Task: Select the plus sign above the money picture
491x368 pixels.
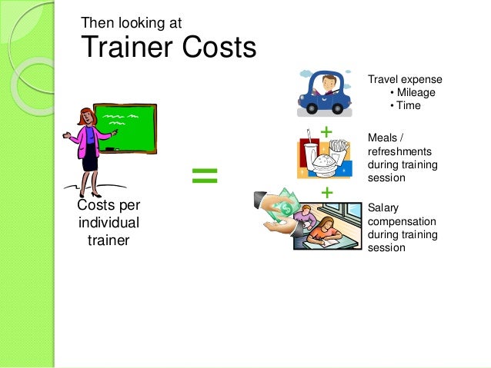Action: tap(326, 192)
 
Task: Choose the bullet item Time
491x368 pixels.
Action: tap(408, 105)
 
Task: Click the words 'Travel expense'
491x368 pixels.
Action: tap(405, 79)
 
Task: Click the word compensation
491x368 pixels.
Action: tap(402, 220)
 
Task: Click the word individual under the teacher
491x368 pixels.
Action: tap(109, 223)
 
